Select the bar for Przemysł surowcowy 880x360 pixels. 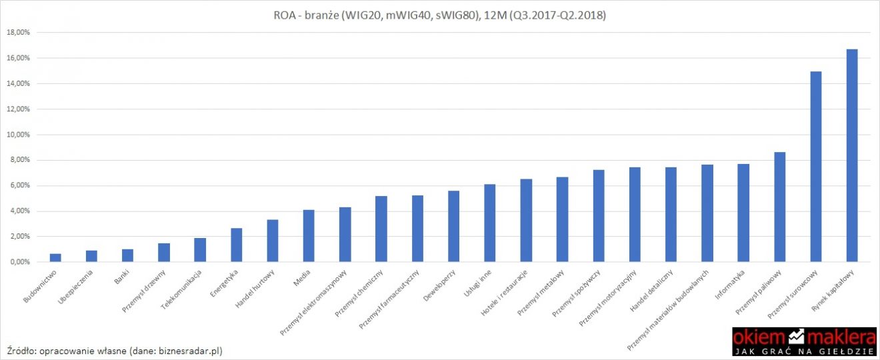(x=815, y=167)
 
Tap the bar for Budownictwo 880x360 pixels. (x=55, y=258)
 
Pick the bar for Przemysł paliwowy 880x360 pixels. (x=779, y=207)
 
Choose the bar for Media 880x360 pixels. (x=309, y=236)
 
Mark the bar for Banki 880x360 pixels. (x=127, y=255)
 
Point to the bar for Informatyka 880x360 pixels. (x=743, y=213)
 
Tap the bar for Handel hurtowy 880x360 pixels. (x=272, y=241)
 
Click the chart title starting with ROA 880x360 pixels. (x=439, y=15)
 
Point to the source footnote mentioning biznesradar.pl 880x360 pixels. (x=114, y=350)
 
